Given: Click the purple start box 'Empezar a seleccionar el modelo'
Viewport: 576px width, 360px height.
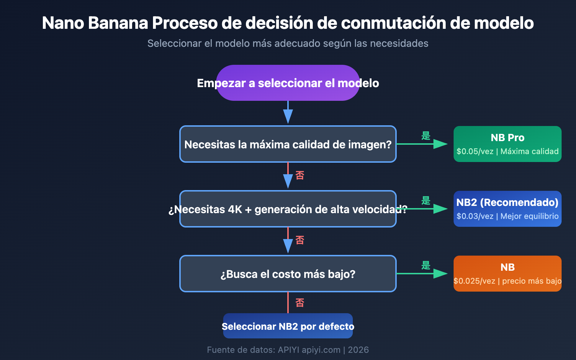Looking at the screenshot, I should (x=288, y=83).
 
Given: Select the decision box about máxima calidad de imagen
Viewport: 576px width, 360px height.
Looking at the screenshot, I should (x=288, y=144).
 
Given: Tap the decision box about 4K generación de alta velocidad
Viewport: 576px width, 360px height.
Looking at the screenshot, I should (x=288, y=209).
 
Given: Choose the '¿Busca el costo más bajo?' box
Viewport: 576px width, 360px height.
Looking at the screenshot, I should (x=288, y=274).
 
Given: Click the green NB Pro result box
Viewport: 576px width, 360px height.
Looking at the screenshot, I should (x=508, y=144).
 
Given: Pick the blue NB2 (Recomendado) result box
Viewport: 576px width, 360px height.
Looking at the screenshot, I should (x=508, y=209).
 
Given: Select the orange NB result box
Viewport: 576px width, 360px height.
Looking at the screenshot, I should (x=508, y=274).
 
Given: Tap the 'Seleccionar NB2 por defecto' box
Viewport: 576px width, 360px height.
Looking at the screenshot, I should (x=288, y=326).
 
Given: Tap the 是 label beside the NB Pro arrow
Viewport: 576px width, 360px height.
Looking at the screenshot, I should (x=426, y=136).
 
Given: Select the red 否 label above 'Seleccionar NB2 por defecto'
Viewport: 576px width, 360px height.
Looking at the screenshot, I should (x=300, y=303).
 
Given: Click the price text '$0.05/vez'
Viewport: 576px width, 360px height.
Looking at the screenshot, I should (x=475, y=152).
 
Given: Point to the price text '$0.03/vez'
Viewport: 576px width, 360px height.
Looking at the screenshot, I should (x=475, y=216).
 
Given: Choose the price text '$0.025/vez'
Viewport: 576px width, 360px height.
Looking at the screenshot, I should (x=474, y=281).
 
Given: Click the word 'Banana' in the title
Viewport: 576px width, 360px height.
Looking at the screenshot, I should (x=118, y=23).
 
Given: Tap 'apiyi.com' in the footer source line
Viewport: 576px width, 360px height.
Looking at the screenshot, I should (x=321, y=350).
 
